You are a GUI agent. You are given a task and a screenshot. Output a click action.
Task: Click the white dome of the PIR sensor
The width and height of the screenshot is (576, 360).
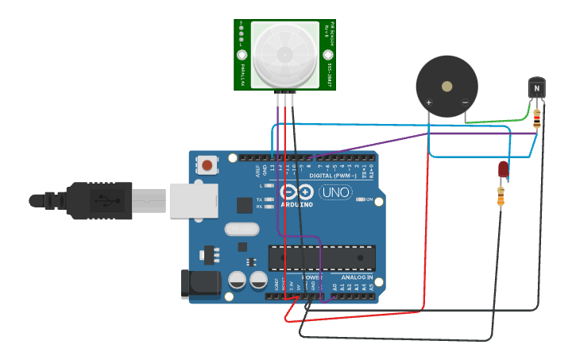(284, 54)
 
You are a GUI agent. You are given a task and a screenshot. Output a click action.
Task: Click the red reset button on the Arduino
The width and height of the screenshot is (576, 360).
(207, 165)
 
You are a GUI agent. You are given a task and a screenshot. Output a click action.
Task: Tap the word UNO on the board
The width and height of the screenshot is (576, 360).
(335, 192)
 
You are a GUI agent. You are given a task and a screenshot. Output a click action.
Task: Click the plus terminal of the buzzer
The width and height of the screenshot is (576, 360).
(429, 103)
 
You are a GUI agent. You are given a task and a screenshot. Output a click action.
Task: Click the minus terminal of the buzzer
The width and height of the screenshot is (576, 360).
(465, 103)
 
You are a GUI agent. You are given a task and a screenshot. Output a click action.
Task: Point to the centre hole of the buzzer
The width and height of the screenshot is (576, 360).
(447, 86)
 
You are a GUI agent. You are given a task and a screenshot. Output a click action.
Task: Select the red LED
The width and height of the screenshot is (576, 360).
(502, 168)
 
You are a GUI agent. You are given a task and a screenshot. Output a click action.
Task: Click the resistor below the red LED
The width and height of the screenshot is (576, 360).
(501, 196)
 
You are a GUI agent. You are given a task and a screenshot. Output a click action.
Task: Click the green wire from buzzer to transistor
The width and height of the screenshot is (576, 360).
(497, 122)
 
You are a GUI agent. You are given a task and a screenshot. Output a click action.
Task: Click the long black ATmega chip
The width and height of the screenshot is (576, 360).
(322, 257)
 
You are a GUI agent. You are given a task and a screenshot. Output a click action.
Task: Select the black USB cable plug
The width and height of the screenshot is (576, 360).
(99, 200)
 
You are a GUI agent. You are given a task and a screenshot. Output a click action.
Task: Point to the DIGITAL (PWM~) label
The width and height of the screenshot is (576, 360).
(334, 175)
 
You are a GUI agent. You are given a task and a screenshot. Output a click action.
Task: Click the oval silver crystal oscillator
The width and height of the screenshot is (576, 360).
(242, 229)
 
